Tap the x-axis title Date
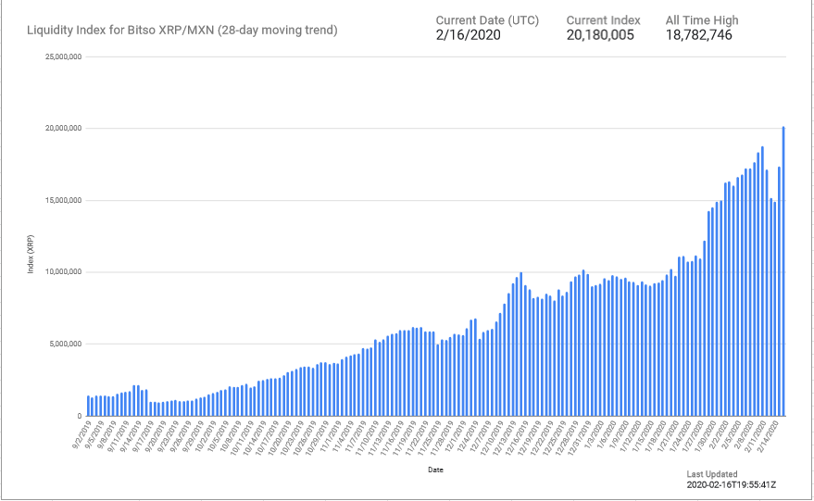click(435, 470)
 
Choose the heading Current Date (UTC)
click(488, 19)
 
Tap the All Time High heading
click(702, 19)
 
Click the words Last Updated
click(712, 474)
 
